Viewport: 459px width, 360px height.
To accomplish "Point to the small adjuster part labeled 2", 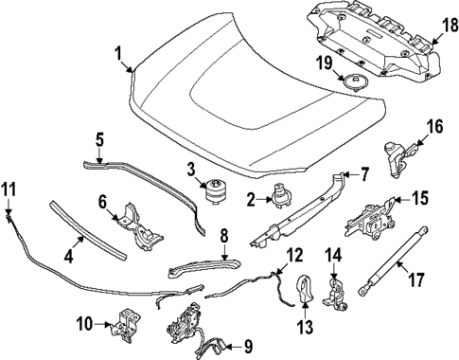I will (282, 197).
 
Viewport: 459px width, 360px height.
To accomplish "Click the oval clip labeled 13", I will (306, 289).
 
